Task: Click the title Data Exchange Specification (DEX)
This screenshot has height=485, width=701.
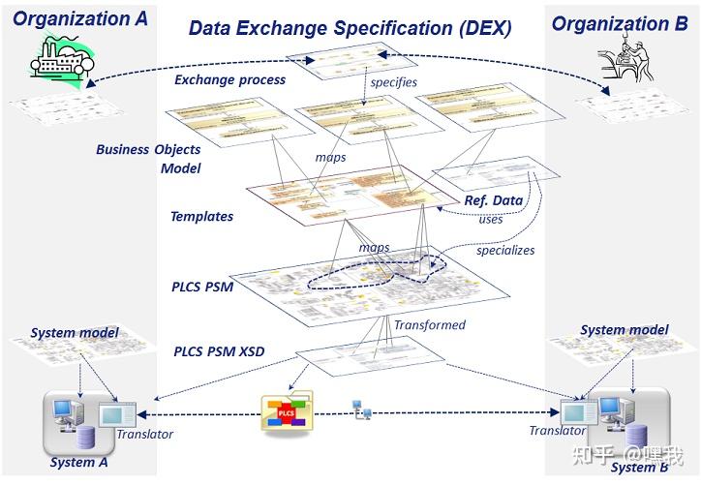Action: pos(350,27)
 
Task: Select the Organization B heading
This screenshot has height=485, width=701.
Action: pos(620,23)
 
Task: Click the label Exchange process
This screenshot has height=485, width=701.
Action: pos(229,79)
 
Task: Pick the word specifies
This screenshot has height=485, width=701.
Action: pos(394,82)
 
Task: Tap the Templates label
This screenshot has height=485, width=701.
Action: pos(201,217)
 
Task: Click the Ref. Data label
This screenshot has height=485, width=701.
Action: pos(493,201)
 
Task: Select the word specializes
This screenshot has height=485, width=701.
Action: pos(505,251)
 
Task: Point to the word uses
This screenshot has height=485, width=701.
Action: pos(491,220)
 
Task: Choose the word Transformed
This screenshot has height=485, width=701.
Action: pos(429,325)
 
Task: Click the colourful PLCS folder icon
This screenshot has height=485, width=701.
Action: pos(288,414)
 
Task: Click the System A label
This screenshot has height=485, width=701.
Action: pos(79,463)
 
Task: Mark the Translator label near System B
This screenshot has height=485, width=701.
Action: pos(557,431)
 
